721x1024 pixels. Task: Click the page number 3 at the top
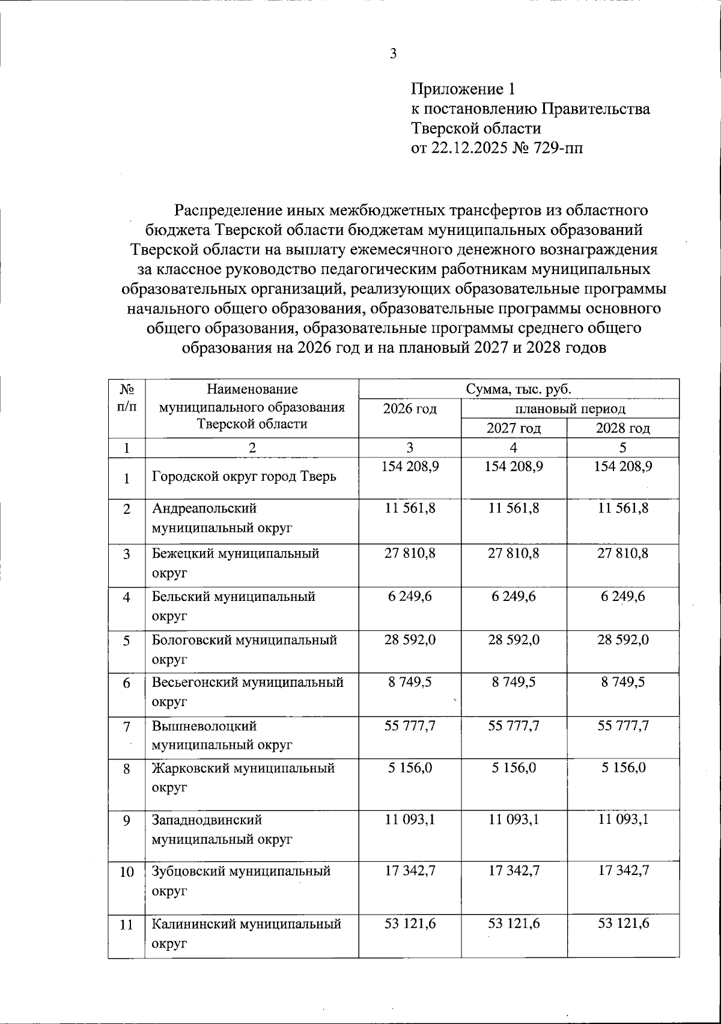(393, 54)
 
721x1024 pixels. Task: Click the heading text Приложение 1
(463, 90)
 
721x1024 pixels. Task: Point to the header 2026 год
(410, 409)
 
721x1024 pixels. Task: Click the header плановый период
(570, 409)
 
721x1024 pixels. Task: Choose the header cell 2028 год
(622, 428)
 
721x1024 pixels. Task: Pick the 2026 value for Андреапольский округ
(410, 508)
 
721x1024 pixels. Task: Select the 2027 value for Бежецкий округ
(513, 553)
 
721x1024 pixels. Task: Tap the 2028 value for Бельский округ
(622, 597)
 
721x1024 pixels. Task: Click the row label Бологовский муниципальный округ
(243, 649)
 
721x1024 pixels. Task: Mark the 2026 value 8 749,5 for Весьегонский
(410, 682)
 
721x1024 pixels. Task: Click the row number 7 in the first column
(126, 727)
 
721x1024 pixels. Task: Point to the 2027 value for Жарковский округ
(513, 767)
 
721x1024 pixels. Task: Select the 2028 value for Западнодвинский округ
(622, 819)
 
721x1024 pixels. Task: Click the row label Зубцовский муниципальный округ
(241, 880)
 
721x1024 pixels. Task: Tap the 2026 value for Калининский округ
(410, 923)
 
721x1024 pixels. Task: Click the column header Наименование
(251, 389)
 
